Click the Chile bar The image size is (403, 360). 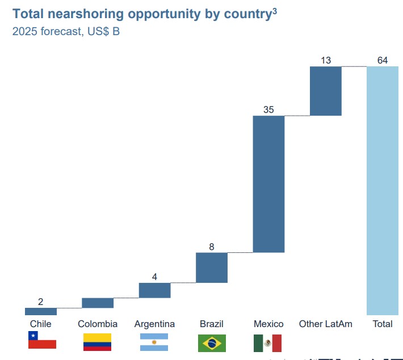[41, 311]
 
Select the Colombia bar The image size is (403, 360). [98, 303]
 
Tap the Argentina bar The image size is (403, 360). [154, 290]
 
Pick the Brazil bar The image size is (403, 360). [212, 268]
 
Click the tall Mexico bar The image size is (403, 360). [268, 184]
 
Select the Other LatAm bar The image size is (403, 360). [326, 91]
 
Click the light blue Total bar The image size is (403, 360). [383, 190]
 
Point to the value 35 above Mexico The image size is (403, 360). [268, 110]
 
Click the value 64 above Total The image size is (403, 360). [383, 61]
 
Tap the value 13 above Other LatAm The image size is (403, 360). [326, 61]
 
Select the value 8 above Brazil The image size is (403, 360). [212, 247]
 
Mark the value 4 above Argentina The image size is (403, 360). [154, 277]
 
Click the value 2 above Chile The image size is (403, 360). [41, 302]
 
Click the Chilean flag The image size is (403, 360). [42, 341]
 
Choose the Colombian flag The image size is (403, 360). [98, 342]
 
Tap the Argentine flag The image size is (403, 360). [154, 342]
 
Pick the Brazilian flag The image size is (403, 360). [212, 343]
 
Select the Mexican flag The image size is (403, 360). [267, 343]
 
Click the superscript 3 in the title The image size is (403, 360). [275, 10]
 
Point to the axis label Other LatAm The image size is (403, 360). [326, 324]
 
